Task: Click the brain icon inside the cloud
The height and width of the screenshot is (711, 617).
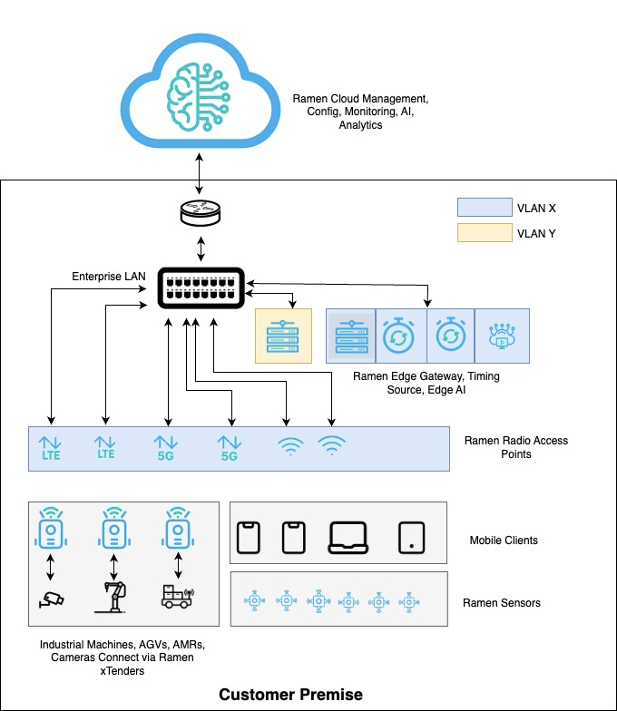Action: click(x=198, y=97)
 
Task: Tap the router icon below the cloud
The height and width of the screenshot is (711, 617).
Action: click(x=200, y=213)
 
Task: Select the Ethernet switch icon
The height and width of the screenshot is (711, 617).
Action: click(x=201, y=288)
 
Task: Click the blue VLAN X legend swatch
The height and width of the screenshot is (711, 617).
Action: click(x=485, y=207)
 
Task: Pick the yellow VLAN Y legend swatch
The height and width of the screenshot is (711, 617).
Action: click(x=485, y=232)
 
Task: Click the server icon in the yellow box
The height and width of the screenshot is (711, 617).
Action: click(x=283, y=336)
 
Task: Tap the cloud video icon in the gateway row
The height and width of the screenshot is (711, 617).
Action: click(x=501, y=336)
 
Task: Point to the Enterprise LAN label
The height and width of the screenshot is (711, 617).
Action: click(x=109, y=276)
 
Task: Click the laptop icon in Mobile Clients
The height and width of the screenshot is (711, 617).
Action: click(x=348, y=538)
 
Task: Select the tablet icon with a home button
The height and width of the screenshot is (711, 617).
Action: click(x=412, y=538)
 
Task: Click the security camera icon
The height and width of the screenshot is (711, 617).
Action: click(x=51, y=599)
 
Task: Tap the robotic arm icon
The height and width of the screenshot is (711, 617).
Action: click(x=112, y=597)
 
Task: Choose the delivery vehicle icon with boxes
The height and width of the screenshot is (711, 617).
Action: click(x=178, y=597)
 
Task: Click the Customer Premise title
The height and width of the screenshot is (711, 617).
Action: click(x=290, y=695)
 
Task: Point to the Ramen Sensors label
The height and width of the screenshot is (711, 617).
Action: click(x=502, y=602)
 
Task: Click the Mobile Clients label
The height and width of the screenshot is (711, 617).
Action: click(x=504, y=541)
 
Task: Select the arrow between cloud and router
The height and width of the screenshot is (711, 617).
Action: click(x=199, y=174)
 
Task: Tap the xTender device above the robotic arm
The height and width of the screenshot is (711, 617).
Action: click(x=114, y=528)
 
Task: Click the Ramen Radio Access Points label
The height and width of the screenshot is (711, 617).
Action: click(x=516, y=447)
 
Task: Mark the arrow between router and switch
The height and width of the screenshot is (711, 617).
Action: click(x=201, y=248)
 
